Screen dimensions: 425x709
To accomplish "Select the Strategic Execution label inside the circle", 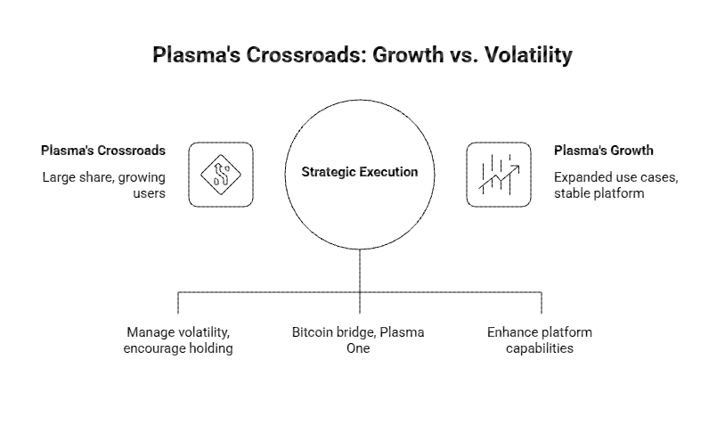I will coord(359,172).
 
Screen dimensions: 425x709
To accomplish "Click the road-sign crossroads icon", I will coord(221,175).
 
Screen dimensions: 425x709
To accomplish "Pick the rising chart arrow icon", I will coord(500,175).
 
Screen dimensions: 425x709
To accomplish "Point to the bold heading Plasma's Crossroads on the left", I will coord(102,150).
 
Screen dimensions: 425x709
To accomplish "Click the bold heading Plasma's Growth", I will coord(603,150).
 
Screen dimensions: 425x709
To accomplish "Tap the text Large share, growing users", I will coord(103,184).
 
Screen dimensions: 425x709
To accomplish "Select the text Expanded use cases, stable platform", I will coord(615,184).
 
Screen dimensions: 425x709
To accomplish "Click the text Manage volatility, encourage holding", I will coord(179,340).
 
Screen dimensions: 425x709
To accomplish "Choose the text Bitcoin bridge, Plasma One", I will coord(358,340).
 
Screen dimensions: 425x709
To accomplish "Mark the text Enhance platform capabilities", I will coord(539,340).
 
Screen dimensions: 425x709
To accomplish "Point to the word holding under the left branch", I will coord(208,348).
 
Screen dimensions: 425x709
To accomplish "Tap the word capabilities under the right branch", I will coord(539,348).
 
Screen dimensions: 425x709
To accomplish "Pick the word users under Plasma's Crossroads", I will coord(149,192).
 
